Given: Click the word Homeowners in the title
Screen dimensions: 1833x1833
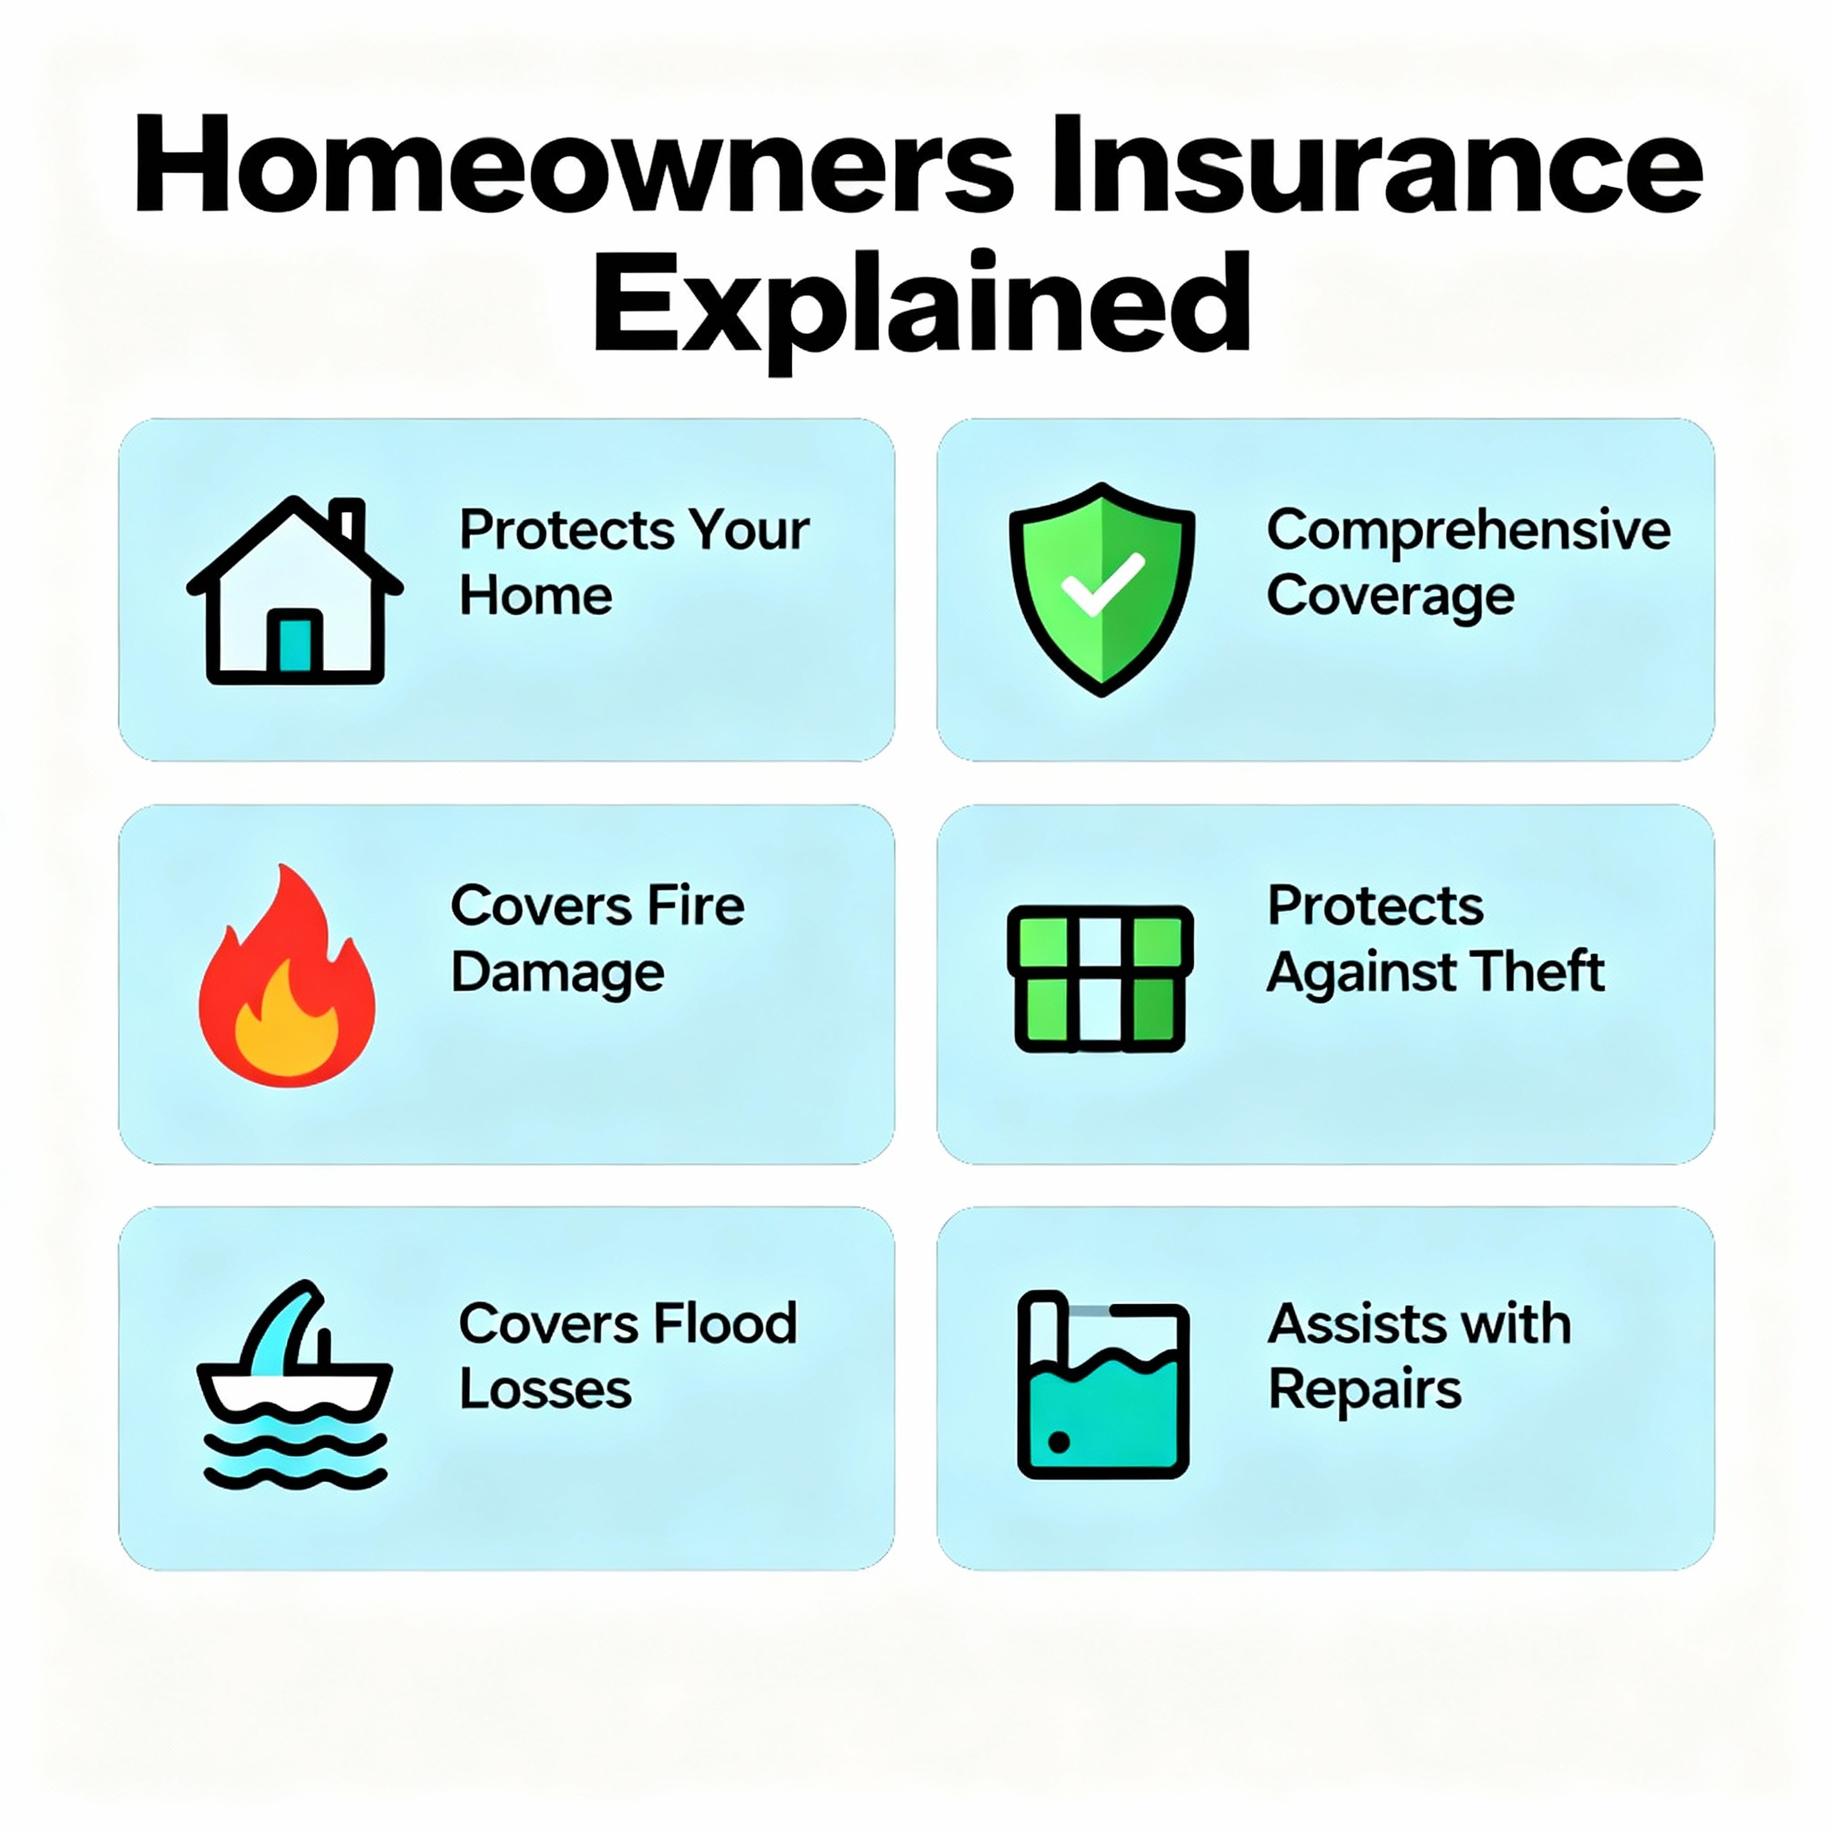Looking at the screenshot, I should click(x=574, y=166).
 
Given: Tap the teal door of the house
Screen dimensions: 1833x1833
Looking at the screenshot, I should click(x=295, y=644).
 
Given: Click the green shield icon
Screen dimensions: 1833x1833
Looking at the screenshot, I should click(x=1102, y=588).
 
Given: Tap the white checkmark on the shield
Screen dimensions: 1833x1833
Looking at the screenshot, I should click(x=1102, y=583).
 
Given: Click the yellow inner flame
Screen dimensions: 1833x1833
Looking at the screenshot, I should click(x=286, y=1029).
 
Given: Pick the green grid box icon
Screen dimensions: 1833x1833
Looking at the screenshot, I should click(x=1101, y=978).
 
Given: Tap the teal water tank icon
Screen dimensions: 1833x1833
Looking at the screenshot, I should click(x=1103, y=1385).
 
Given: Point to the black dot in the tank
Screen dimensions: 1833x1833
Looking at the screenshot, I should click(x=1059, y=1443).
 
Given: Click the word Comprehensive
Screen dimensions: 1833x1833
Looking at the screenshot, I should click(x=1468, y=530).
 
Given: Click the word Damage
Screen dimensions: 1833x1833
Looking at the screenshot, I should click(x=558, y=974).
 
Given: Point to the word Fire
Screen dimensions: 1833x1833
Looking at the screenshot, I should click(x=695, y=906).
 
